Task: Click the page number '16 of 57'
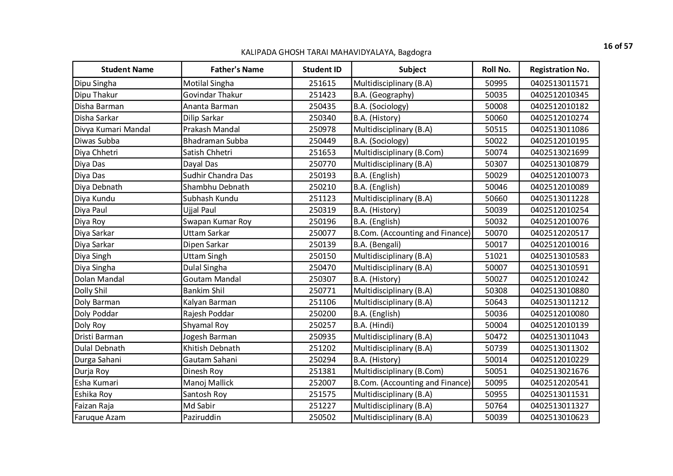[x=617, y=46]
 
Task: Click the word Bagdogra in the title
[x=414, y=52]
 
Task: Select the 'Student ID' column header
[x=322, y=69]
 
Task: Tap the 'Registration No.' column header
[x=559, y=69]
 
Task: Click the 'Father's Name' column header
[x=237, y=69]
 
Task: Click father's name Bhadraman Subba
[x=215, y=141]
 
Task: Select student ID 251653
[x=322, y=152]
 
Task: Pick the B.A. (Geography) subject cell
[x=383, y=95]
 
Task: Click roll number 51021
[x=496, y=256]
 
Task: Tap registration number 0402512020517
[x=559, y=233]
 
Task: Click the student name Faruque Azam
[x=100, y=417]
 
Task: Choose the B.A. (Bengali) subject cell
[x=377, y=245]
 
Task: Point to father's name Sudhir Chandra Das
[x=218, y=175]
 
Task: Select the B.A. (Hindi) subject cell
[x=373, y=325]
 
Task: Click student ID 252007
[x=322, y=383]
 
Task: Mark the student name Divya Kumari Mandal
[x=112, y=129]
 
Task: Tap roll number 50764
[x=496, y=406]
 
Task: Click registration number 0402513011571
[x=559, y=83]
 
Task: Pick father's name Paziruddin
[x=202, y=417]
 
